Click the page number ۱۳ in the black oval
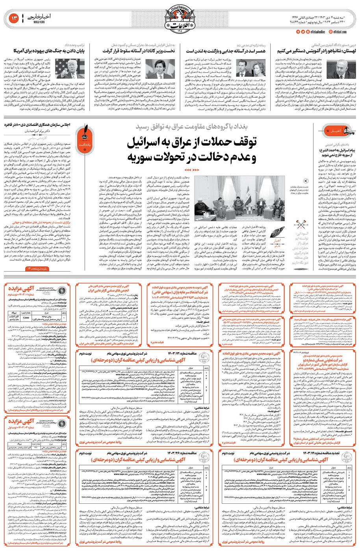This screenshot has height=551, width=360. tap(12, 17)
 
